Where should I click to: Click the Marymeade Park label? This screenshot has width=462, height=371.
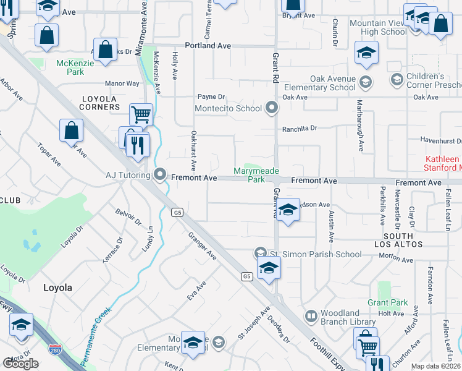256,175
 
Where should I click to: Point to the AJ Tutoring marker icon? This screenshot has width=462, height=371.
161,176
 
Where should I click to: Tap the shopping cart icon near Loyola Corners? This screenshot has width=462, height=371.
141,114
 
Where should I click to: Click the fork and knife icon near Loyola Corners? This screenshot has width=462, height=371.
138,146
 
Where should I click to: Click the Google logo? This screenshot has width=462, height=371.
20,363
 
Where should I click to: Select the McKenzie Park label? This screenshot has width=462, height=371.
70,67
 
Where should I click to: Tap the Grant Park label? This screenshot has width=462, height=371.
387,302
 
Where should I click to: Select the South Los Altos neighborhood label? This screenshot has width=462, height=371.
398,241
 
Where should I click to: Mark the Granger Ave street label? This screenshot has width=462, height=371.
203,245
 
